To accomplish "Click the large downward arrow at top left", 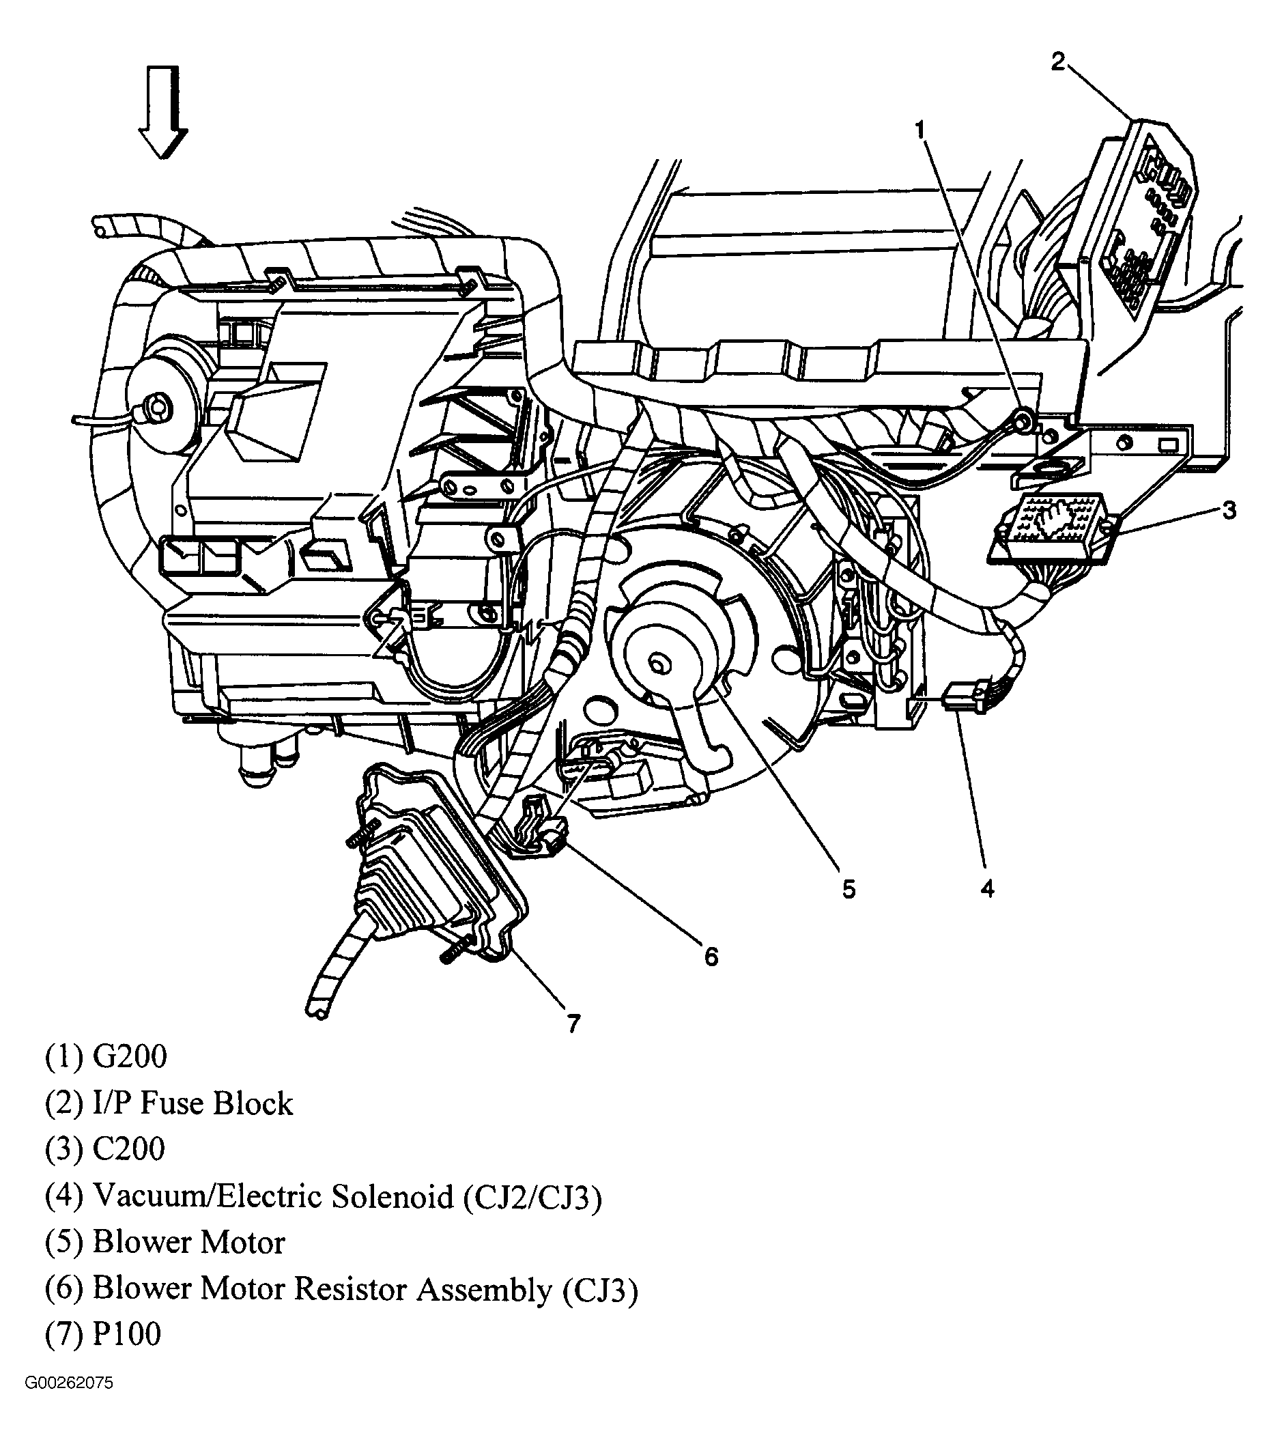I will pyautogui.click(x=162, y=113).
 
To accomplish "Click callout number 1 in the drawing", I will pyautogui.click(x=919, y=130).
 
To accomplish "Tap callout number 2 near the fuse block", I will pyautogui.click(x=1059, y=62).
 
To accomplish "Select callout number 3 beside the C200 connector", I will pyautogui.click(x=1228, y=510).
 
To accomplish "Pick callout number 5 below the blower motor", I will pyautogui.click(x=849, y=889).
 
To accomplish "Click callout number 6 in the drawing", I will pyautogui.click(x=711, y=956).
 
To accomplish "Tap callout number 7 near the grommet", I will pyautogui.click(x=573, y=1023).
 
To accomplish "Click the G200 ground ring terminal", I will pyautogui.click(x=1023, y=421).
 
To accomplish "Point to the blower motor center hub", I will pyautogui.click(x=659, y=664).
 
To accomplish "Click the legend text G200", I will pyautogui.click(x=130, y=1057).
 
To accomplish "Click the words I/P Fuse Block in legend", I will pyautogui.click(x=193, y=1103).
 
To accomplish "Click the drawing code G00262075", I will pyautogui.click(x=69, y=1403).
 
